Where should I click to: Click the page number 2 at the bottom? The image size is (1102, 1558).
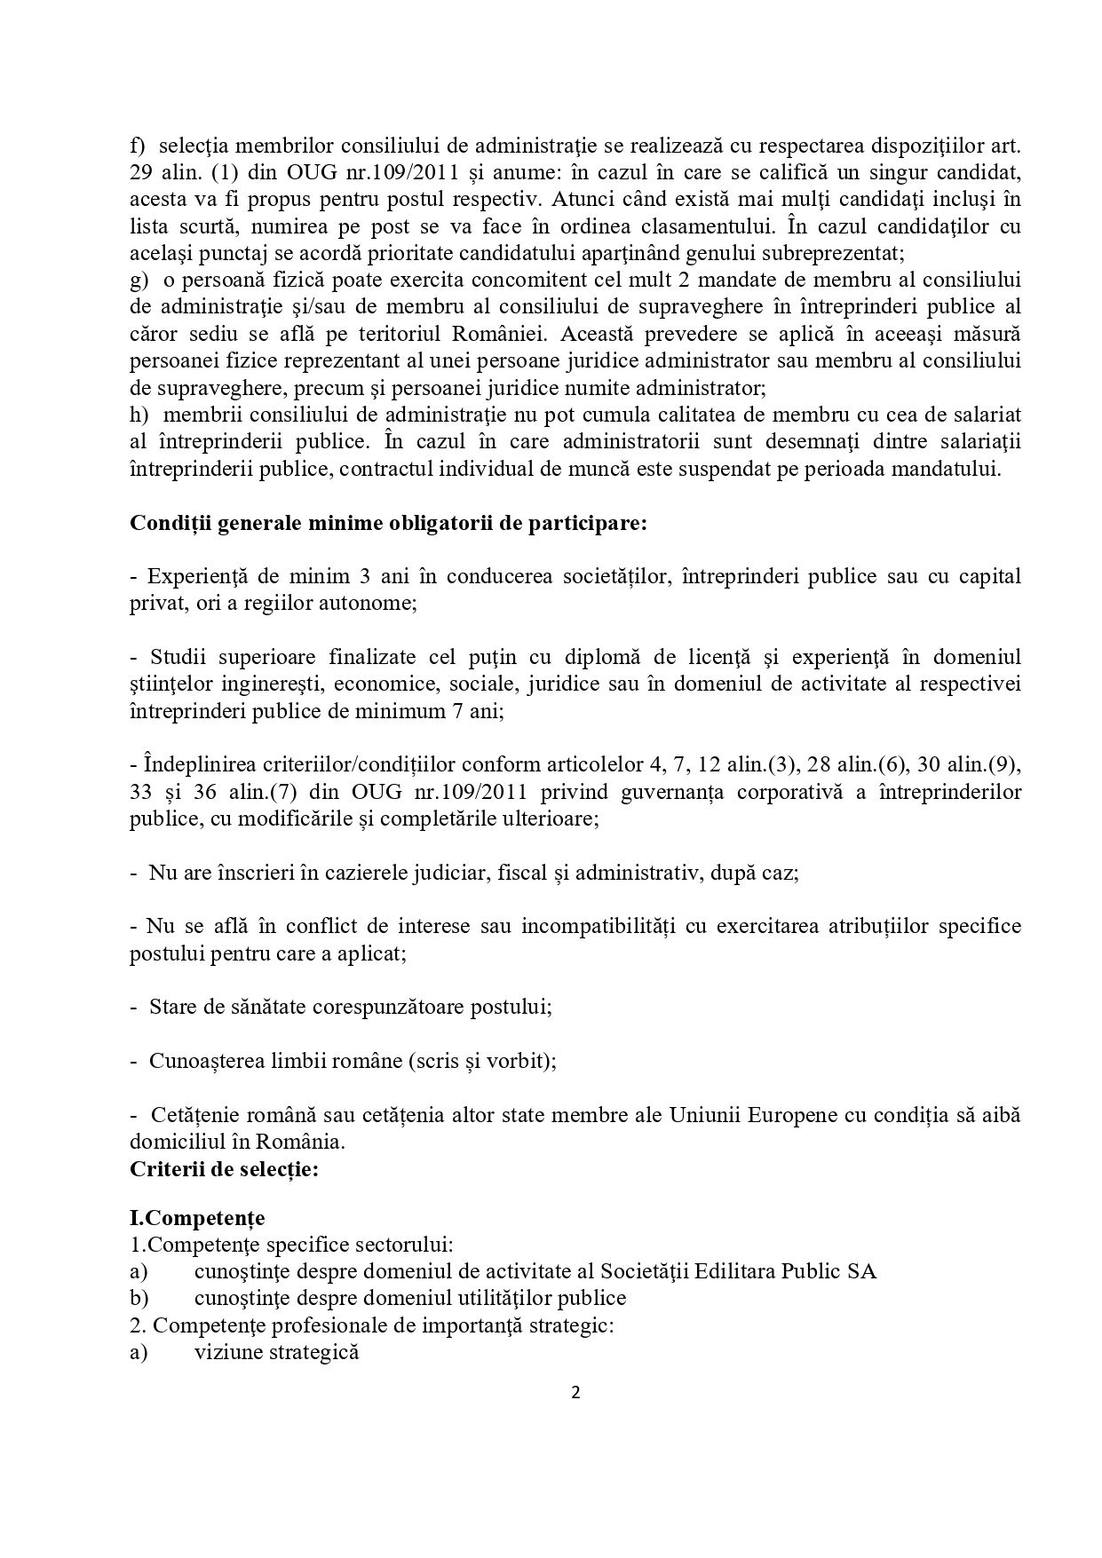click(575, 1392)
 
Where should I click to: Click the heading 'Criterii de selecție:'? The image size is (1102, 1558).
click(224, 1169)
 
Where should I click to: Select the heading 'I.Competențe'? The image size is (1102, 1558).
click(197, 1216)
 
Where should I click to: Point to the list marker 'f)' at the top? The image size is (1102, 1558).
click(138, 145)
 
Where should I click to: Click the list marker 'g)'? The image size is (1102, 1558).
click(139, 280)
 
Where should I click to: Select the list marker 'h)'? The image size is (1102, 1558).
click(139, 415)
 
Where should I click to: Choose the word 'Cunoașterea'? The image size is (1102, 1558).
click(205, 1061)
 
